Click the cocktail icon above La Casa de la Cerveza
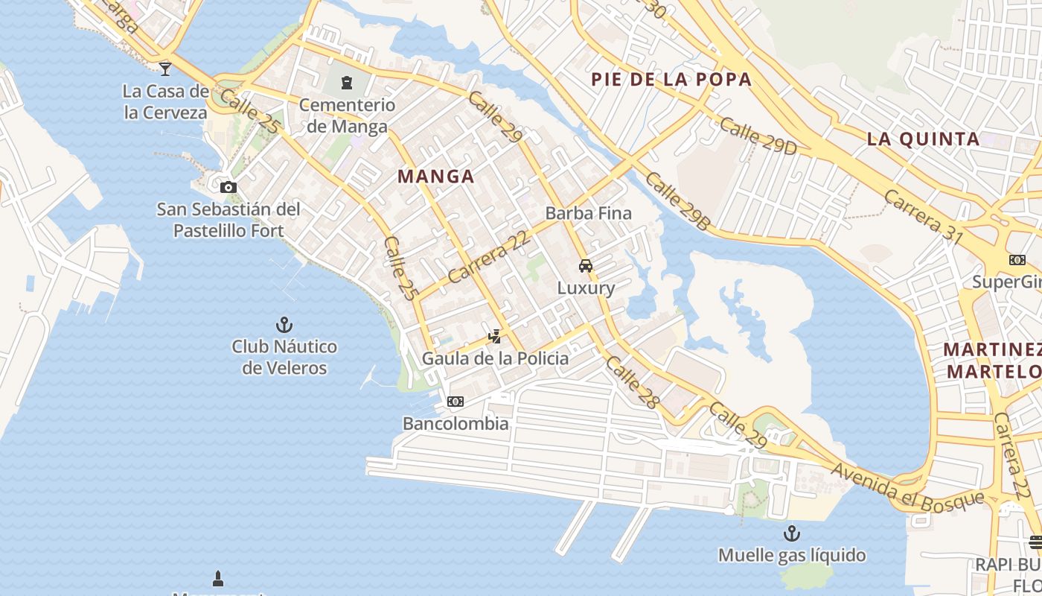pyautogui.click(x=165, y=69)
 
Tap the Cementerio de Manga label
pyautogui.click(x=347, y=115)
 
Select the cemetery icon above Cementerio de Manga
pyautogui.click(x=346, y=82)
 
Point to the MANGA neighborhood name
pyautogui.click(x=435, y=177)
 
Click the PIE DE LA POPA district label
pyautogui.click(x=671, y=80)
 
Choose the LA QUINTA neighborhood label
pyautogui.click(x=923, y=139)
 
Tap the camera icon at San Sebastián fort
pyautogui.click(x=228, y=187)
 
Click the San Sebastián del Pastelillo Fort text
pyautogui.click(x=228, y=220)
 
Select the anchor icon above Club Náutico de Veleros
pyautogui.click(x=284, y=325)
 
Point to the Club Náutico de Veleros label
pyautogui.click(x=284, y=357)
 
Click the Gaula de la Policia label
pyautogui.click(x=495, y=358)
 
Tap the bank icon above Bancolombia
pyautogui.click(x=456, y=402)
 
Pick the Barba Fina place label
pyautogui.click(x=588, y=213)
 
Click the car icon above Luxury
pyautogui.click(x=586, y=266)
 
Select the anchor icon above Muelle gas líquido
pyautogui.click(x=792, y=533)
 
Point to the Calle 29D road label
pyautogui.click(x=758, y=136)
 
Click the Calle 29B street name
pyautogui.click(x=677, y=200)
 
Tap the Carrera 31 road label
pyautogui.click(x=923, y=217)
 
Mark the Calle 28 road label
pyautogui.click(x=633, y=382)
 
